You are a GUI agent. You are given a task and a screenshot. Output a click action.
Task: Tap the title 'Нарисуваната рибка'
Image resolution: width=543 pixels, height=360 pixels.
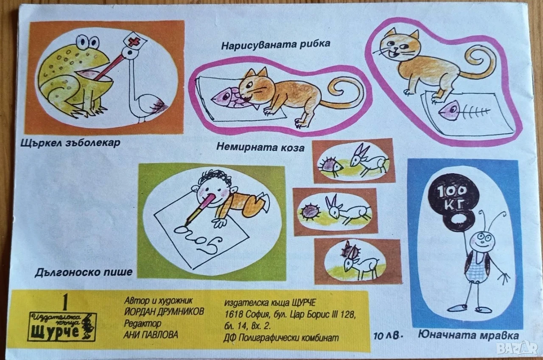(276, 45)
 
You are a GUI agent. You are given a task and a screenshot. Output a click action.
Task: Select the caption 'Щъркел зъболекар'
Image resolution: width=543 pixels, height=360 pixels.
(70, 143)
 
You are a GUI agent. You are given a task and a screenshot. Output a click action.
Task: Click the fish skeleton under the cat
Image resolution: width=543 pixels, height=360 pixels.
(462, 111)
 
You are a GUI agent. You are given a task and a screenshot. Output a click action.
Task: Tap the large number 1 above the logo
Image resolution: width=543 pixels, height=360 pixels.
(65, 302)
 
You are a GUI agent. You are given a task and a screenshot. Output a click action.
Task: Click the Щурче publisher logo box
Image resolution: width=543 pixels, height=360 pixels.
(62, 326)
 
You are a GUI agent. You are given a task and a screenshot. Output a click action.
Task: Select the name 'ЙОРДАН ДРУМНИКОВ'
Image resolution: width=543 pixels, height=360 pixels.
(164, 312)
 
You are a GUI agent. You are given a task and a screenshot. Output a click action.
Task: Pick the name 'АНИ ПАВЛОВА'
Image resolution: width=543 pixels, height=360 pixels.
(151, 335)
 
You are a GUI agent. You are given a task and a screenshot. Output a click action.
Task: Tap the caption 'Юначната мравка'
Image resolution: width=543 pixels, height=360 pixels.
(468, 335)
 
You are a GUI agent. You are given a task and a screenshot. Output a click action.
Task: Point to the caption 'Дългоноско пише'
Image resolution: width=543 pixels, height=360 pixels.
(84, 273)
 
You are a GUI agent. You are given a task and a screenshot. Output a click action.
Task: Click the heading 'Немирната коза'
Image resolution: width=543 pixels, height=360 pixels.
(260, 147)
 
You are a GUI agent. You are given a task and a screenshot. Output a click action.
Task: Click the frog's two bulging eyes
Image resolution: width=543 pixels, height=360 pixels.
(87, 42)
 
